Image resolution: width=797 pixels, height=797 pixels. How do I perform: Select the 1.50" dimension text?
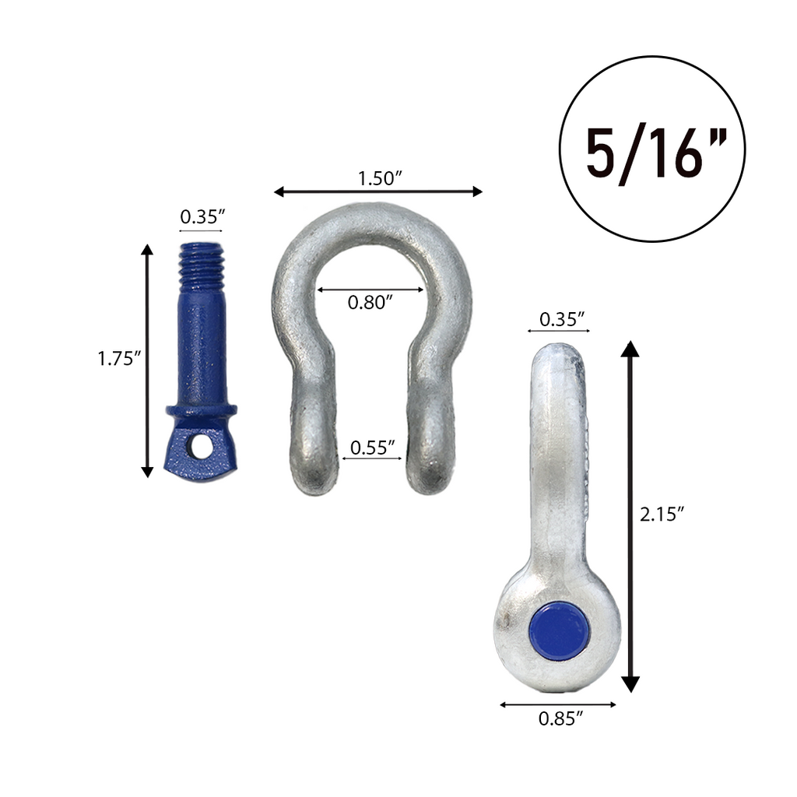(x=379, y=178)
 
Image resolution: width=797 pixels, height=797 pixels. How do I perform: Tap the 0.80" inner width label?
(x=370, y=303)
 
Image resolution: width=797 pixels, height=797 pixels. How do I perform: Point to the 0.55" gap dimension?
(x=372, y=448)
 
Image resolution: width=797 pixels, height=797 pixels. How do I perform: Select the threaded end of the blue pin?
(x=202, y=265)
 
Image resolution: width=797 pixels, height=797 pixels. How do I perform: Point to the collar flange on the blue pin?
(x=202, y=410)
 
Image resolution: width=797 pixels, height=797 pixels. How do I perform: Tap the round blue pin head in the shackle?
(x=559, y=630)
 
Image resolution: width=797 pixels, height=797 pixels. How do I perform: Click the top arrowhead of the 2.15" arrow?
(x=630, y=348)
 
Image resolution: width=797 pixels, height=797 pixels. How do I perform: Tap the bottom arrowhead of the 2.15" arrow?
(x=630, y=684)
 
